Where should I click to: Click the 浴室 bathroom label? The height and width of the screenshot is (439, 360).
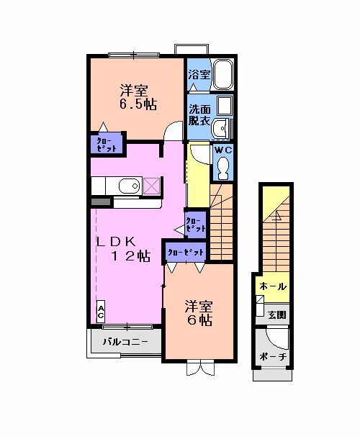pyautogui.click(x=199, y=75)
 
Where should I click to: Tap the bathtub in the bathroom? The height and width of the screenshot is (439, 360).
pyautogui.click(x=224, y=74)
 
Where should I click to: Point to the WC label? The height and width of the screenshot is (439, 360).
pyautogui.click(x=222, y=150)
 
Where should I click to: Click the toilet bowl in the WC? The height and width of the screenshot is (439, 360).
pyautogui.click(x=222, y=168)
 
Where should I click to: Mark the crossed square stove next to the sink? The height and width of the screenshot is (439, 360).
pyautogui.click(x=153, y=186)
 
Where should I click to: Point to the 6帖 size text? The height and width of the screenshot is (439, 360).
pyautogui.click(x=199, y=320)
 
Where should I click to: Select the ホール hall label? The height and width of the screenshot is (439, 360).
pyautogui.click(x=272, y=286)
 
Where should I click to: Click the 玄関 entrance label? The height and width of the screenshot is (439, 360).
pyautogui.click(x=277, y=314)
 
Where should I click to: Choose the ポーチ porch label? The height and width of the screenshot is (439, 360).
pyautogui.click(x=273, y=358)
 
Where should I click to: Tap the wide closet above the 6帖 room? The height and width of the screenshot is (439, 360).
pyautogui.click(x=186, y=252)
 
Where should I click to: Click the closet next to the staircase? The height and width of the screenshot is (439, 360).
pyautogui.click(x=195, y=224)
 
